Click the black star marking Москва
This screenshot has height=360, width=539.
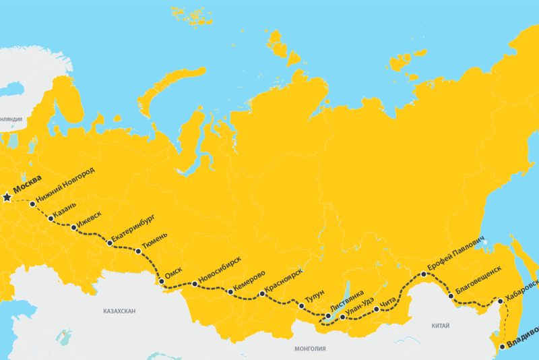point(7,198)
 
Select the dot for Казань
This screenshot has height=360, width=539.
point(51,218)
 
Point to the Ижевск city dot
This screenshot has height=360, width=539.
point(74,229)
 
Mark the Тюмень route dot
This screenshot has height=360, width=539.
point(139,251)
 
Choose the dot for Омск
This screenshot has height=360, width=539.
point(161,282)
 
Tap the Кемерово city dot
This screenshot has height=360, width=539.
point(231,292)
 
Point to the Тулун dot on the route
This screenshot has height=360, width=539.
point(301,306)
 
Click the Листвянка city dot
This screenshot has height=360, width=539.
point(328,316)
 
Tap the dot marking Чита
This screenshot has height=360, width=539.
point(377,309)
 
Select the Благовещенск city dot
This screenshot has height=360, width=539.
point(451,296)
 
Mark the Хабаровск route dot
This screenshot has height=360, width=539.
point(500,301)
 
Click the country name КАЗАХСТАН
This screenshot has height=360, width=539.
point(120,312)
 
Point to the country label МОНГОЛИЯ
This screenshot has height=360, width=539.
point(310,349)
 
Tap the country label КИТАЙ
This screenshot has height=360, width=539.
point(440,326)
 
